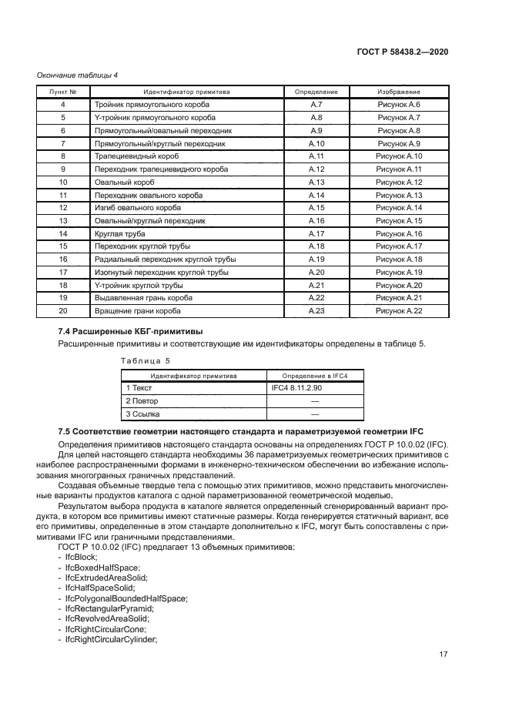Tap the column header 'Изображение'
click(398, 92)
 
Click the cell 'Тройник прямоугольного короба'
click(151, 104)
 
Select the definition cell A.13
click(316, 182)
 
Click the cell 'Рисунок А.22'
click(398, 310)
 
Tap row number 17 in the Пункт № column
click(63, 272)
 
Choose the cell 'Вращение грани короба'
click(137, 310)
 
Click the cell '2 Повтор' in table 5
click(142, 401)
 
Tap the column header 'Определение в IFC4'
click(314, 376)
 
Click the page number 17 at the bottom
click(443, 655)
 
